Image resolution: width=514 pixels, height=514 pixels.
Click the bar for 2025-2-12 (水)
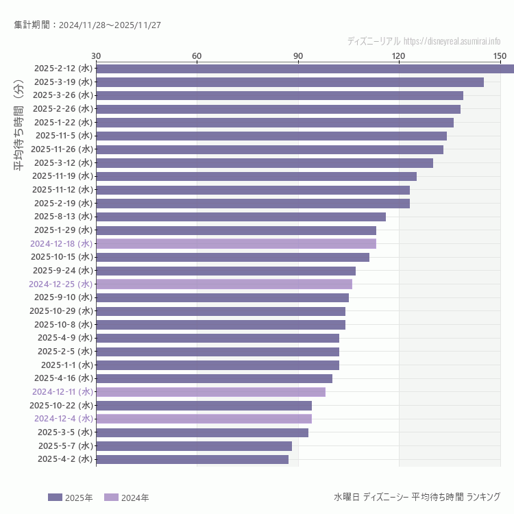pyautogui.click(x=305, y=69)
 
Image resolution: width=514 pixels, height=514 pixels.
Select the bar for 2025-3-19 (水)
pyautogui.click(x=290, y=82)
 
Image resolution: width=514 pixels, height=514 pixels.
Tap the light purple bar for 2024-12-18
pyautogui.click(x=236, y=243)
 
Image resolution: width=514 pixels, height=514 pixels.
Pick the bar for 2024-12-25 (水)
pyautogui.click(x=224, y=284)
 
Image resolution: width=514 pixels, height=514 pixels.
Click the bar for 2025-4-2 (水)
pyautogui.click(x=192, y=459)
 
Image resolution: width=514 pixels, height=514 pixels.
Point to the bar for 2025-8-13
pyautogui.click(x=241, y=217)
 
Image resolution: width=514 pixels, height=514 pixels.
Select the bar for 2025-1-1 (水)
pyautogui.click(x=217, y=365)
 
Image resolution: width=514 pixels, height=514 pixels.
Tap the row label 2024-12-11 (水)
pyautogui.click(x=62, y=392)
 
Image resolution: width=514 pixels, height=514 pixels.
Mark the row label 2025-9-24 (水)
pyautogui.click(x=62, y=270)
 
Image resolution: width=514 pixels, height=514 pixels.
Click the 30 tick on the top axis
pyautogui.click(x=96, y=56)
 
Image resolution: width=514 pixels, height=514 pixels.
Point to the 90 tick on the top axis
pyautogui.click(x=298, y=56)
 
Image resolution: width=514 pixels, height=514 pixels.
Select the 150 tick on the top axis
pyautogui.click(x=500, y=56)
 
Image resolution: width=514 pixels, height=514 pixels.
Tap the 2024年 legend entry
pyautogui.click(x=126, y=498)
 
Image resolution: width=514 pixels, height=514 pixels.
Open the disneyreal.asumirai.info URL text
pyautogui.click(x=452, y=41)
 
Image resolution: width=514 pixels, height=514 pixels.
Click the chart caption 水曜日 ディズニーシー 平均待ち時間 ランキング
pyautogui.click(x=417, y=497)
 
